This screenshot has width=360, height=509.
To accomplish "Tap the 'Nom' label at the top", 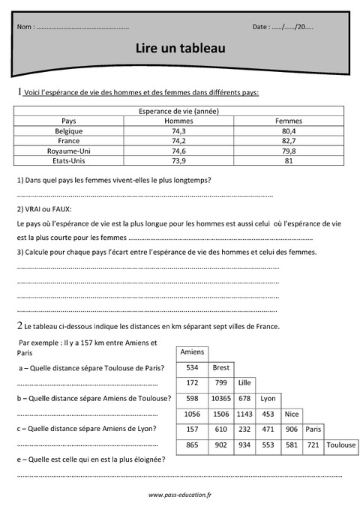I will tap(25, 27).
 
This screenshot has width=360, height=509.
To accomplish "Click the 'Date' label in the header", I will tap(261, 27).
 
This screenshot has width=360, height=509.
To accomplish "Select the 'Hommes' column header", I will tap(178, 121).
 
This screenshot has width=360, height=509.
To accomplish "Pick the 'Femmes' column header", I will tap(289, 121).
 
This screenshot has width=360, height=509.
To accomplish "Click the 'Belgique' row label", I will tap(69, 130).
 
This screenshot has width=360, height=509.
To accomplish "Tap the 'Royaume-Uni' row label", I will tap(69, 151).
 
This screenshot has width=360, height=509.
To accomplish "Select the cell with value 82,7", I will tap(289, 140).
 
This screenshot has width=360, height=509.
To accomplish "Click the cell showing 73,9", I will tap(178, 160).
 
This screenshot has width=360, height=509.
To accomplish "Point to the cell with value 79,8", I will tap(289, 151).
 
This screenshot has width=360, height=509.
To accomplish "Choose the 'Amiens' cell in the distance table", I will tap(192, 352).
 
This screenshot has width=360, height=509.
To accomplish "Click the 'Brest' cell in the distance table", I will tap(220, 367).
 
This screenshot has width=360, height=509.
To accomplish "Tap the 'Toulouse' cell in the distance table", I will tap(341, 445).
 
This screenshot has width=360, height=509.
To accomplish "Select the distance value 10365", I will tap(220, 398).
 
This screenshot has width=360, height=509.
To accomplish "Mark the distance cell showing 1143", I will tap(244, 414).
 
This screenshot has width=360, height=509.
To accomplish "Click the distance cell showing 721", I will tap(313, 445).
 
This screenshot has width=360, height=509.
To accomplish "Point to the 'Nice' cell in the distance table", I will tap(292, 414).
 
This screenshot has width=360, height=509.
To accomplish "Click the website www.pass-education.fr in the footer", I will tap(180, 495).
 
